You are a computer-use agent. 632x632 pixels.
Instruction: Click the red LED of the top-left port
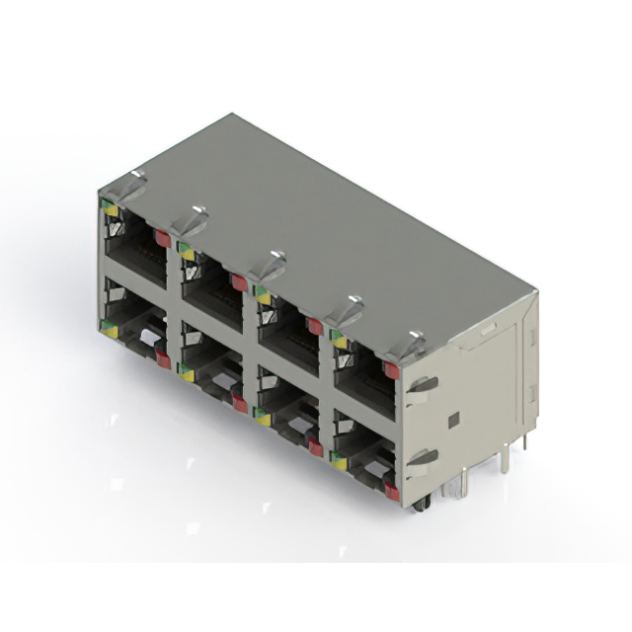click(161, 237)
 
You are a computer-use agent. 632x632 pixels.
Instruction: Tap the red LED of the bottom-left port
click(163, 358)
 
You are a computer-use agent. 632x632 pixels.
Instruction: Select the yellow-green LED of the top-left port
click(110, 209)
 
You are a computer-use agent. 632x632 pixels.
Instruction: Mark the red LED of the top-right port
click(390, 370)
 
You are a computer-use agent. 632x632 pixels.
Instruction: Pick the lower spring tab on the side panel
click(423, 457)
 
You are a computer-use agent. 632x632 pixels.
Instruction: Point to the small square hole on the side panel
click(452, 420)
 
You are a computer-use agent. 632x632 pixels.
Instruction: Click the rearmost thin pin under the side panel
click(523, 439)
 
